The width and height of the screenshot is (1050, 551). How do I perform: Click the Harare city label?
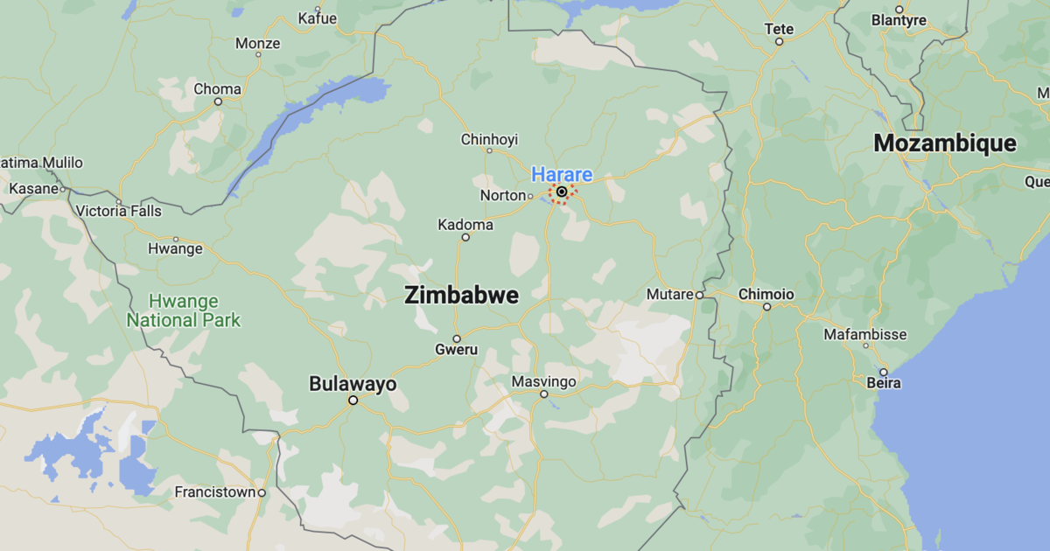click(x=562, y=175)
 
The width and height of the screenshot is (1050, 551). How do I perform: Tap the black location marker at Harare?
click(x=561, y=192)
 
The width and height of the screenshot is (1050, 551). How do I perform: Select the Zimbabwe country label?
click(x=461, y=296)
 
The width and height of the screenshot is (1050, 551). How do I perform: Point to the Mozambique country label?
click(x=945, y=143)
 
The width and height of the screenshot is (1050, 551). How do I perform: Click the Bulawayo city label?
click(x=353, y=384)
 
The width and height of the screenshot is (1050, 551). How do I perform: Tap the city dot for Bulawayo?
click(x=353, y=401)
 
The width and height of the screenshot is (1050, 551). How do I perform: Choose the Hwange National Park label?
click(x=184, y=310)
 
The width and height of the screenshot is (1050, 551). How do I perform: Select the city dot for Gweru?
click(x=456, y=338)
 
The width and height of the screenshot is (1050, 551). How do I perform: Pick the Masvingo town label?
click(x=544, y=382)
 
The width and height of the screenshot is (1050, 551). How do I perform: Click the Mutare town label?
click(x=670, y=295)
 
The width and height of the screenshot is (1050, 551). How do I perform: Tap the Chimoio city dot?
click(x=766, y=307)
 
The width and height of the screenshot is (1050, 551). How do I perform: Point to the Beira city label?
click(x=884, y=383)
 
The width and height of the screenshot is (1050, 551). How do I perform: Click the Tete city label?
click(x=779, y=28)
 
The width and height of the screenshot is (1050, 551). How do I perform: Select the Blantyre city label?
click(x=899, y=20)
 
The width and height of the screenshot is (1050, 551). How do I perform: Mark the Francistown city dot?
click(x=262, y=492)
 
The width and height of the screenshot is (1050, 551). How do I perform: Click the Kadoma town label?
click(x=465, y=225)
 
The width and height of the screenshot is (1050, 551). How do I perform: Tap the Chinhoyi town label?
click(x=490, y=139)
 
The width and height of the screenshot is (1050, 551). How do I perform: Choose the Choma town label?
click(x=217, y=88)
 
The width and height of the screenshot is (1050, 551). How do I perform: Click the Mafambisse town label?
click(x=865, y=334)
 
